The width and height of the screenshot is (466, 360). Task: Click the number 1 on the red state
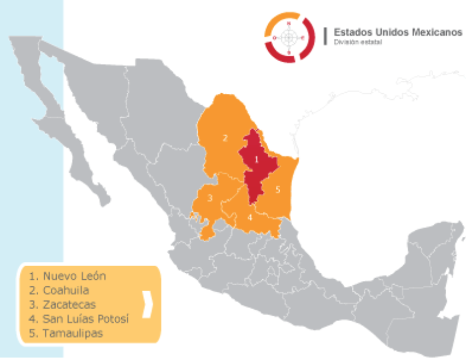click(257, 159)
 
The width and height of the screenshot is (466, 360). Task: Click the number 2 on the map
click(225, 138)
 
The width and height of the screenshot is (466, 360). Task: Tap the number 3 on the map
click(210, 197)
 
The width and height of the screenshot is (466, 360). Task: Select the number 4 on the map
click(250, 217)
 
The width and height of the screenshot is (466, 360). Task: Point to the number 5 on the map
click(278, 190)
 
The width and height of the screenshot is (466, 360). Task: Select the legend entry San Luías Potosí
click(78, 319)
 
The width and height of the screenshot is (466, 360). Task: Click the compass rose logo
click(289, 38)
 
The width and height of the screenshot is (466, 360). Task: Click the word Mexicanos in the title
click(437, 32)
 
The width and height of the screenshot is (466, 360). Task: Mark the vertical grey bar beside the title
click(325, 36)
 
